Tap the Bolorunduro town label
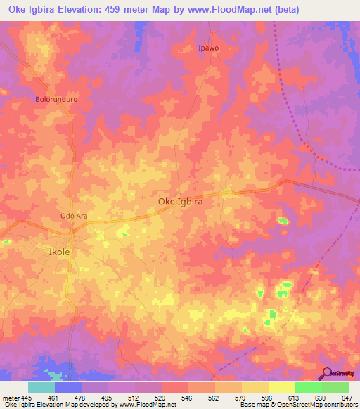56,99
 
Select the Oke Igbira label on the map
180,202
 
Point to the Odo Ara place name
74,216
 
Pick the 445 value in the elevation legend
25,398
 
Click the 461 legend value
54,398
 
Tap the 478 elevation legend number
81,398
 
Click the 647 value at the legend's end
347,398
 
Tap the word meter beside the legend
9,398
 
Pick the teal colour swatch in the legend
41,387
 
